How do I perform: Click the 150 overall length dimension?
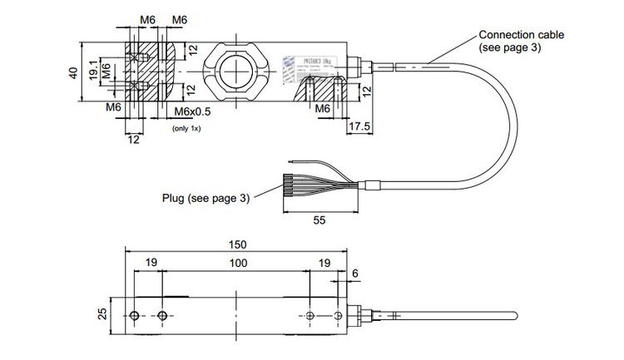[237, 245]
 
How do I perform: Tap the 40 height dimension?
[73, 74]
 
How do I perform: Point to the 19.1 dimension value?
[92, 74]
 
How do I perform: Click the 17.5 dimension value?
[359, 126]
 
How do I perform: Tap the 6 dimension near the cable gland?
[355, 273]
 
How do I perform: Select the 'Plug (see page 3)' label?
[206, 198]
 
